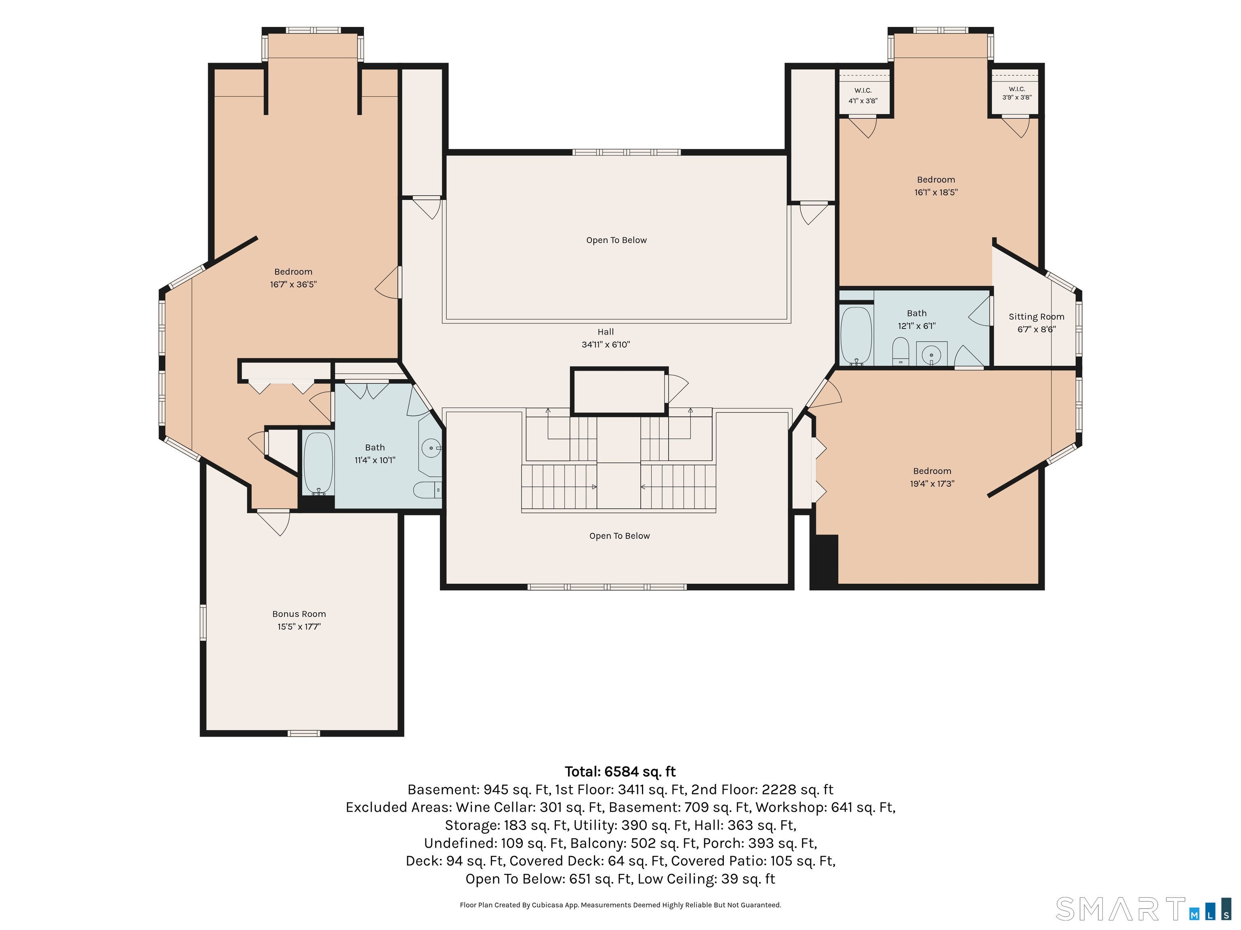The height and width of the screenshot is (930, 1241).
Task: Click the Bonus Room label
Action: (299, 614)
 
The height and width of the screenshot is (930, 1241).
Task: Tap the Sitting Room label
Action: (1036, 317)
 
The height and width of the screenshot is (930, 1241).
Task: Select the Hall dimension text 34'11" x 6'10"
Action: (606, 344)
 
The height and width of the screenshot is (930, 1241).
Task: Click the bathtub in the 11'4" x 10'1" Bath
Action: (318, 463)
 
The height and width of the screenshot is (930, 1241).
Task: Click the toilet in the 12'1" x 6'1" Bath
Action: (900, 351)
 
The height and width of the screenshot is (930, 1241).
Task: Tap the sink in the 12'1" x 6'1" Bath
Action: (931, 354)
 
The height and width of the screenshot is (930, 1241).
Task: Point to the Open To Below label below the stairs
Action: (619, 536)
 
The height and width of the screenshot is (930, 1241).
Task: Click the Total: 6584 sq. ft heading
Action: (620, 772)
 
